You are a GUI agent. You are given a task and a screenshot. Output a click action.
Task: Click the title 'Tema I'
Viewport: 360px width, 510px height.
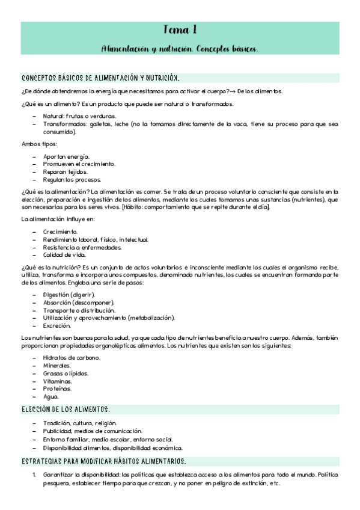click(x=180, y=31)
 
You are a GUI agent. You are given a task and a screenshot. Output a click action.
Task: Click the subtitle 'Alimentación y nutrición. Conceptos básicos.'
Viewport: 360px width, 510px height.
click(x=180, y=48)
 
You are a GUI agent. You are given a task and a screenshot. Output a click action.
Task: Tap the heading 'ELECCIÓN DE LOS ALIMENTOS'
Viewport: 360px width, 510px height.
click(x=66, y=409)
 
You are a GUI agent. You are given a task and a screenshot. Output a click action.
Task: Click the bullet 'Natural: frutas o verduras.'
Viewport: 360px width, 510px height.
click(x=79, y=116)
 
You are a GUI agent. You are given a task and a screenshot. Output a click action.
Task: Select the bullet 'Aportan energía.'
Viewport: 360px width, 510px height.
click(x=66, y=156)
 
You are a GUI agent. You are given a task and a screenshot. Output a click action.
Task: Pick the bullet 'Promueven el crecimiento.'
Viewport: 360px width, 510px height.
click(x=79, y=164)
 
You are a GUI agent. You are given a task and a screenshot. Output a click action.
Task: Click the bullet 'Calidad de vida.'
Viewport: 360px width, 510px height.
click(x=65, y=256)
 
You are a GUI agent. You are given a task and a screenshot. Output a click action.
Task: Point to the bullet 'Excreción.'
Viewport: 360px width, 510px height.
click(x=58, y=325)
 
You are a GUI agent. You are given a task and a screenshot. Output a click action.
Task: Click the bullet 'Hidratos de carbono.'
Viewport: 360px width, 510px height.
click(x=72, y=358)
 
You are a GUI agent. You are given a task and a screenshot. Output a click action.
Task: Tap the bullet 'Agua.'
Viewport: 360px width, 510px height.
click(x=51, y=397)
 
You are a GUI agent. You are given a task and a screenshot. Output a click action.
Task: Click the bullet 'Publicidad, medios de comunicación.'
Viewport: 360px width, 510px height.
click(x=93, y=431)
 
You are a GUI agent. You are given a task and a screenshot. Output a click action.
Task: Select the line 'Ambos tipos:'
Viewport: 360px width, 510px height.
click(x=40, y=144)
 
